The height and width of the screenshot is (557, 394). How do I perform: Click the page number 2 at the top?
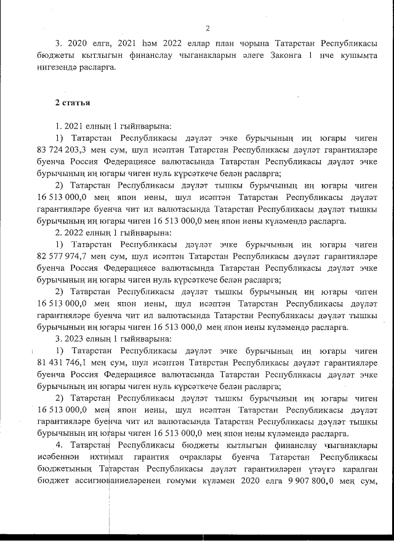pos(207,28)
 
